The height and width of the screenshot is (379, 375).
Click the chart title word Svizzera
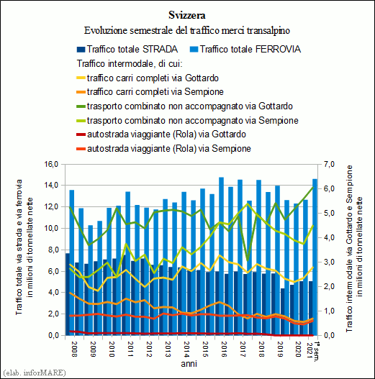(x=187, y=15)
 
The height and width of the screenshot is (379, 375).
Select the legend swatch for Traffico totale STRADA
(x=81, y=50)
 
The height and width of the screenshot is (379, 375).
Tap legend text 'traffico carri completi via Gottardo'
(x=153, y=78)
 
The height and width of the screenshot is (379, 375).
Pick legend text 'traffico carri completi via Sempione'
(x=155, y=92)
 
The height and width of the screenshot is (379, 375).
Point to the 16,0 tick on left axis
(x=51, y=165)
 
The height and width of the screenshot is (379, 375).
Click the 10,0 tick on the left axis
(x=51, y=228)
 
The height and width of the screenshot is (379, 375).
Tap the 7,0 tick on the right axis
(x=329, y=165)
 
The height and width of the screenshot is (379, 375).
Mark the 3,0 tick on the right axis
(x=329, y=262)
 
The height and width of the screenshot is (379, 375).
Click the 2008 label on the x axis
(x=74, y=349)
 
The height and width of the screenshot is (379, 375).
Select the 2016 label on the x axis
(x=224, y=349)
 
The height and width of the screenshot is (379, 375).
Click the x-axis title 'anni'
(x=189, y=363)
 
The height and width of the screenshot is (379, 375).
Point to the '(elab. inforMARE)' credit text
(x=35, y=373)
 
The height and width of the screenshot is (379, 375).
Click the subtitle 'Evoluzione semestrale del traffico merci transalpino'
(x=187, y=31)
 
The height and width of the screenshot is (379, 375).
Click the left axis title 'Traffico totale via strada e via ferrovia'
(x=19, y=247)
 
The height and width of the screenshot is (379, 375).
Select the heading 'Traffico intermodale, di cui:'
(x=130, y=64)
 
